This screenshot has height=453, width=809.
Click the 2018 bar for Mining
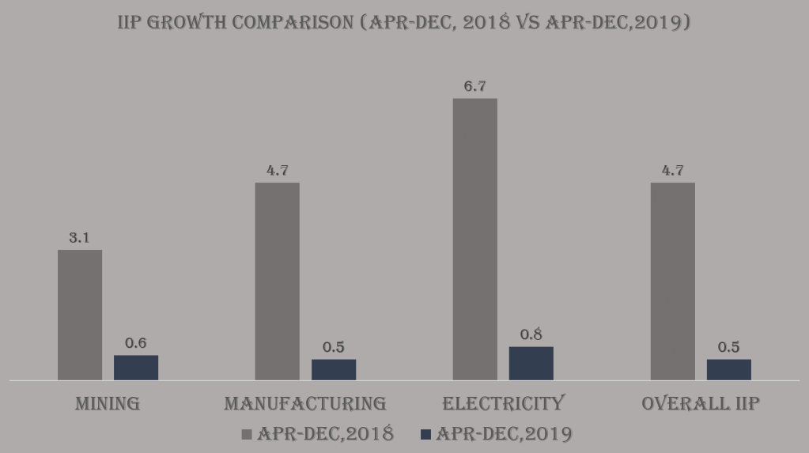[80, 315]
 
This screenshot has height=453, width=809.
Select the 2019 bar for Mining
[136, 368]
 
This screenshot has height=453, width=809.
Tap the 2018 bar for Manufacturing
[277, 281]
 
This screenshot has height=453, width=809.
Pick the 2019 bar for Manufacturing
[334, 369]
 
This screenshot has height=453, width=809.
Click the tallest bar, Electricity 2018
[474, 239]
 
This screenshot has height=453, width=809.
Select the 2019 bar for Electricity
[531, 363]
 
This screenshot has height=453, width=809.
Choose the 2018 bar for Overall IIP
[672, 281]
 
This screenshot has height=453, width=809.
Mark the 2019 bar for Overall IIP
[728, 369]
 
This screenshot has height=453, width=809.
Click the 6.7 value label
[474, 86]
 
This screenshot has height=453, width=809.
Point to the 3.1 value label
[79, 237]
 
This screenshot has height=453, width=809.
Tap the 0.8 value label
[531, 334]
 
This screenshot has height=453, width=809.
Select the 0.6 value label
[136, 343]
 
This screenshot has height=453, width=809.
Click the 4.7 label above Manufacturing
[277, 170]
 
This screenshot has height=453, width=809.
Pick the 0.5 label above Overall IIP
[728, 347]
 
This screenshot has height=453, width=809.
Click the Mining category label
[108, 403]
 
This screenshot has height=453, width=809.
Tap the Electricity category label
[503, 403]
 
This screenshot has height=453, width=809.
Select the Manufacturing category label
[305, 403]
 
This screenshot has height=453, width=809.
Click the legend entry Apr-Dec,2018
[325, 433]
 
